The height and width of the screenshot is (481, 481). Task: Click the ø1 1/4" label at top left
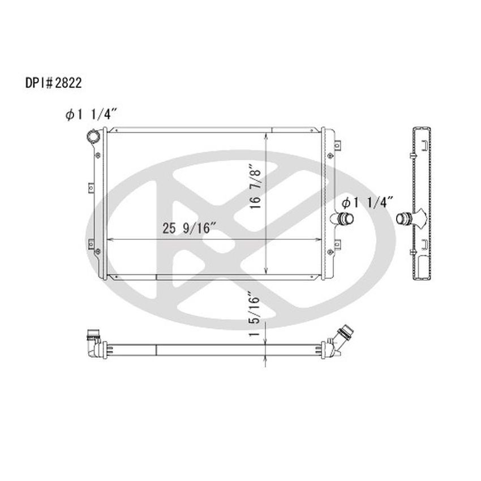(x=91, y=115)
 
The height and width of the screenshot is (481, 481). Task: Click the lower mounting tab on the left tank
(x=92, y=258)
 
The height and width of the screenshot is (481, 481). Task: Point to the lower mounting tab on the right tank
(x=338, y=245)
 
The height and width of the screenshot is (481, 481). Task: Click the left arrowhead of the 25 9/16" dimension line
(x=109, y=240)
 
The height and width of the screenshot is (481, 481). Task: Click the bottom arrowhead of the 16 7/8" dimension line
(x=267, y=274)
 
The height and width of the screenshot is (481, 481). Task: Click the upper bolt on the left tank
(x=97, y=154)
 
